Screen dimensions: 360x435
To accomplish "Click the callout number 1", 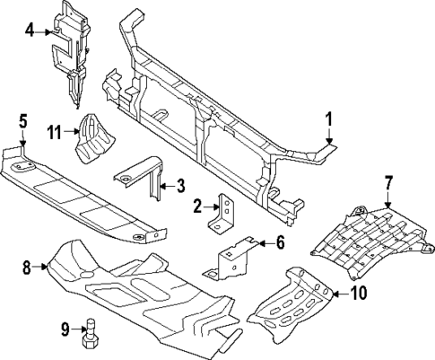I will click(x=328, y=118).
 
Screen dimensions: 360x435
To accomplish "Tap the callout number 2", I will click(x=196, y=207).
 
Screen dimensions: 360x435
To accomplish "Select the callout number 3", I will click(x=180, y=186).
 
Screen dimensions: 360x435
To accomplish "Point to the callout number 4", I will click(x=30, y=31).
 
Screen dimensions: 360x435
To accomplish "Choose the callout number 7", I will click(x=388, y=183).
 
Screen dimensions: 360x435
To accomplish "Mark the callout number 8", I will click(x=26, y=266).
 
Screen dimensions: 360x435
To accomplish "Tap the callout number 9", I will click(x=64, y=329).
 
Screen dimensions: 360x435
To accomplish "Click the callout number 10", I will click(x=358, y=293).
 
